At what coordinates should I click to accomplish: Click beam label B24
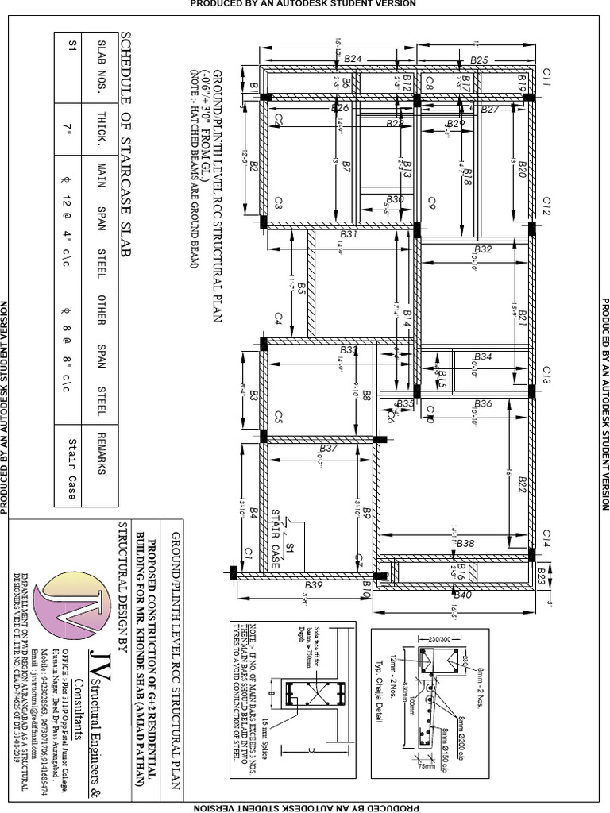point(353,59)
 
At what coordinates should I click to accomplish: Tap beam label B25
point(478,60)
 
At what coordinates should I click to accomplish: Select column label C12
point(546,208)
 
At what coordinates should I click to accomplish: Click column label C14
point(546,534)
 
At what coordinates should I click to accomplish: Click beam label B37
point(329,449)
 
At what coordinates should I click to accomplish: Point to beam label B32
point(483,249)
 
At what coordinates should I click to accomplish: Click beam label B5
point(302,291)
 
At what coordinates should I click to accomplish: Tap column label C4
point(279,318)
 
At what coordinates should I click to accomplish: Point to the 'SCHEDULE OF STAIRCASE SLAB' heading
point(126,144)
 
